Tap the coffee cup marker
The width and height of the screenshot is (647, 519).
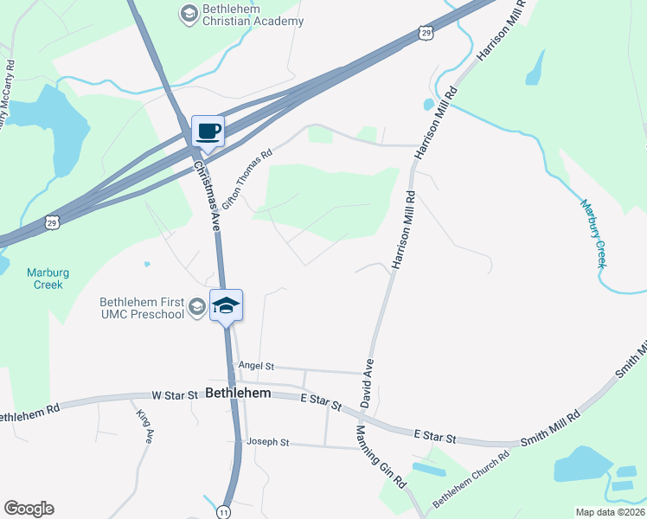click(x=208, y=131)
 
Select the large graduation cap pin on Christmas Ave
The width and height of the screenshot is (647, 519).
click(x=226, y=305)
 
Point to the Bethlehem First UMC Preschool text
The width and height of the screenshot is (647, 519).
click(x=143, y=308)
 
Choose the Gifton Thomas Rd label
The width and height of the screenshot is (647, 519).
click(x=247, y=171)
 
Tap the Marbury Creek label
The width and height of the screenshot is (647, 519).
click(x=593, y=233)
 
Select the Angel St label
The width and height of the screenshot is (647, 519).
click(x=255, y=366)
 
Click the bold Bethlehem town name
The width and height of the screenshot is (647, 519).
click(x=240, y=393)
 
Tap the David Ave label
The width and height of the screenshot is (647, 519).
click(x=368, y=383)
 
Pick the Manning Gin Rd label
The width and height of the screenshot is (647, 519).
click(x=381, y=458)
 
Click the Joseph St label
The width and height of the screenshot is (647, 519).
click(x=267, y=442)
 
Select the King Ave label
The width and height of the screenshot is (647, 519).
click(x=144, y=426)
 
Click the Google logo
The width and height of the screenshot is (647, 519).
click(x=29, y=509)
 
